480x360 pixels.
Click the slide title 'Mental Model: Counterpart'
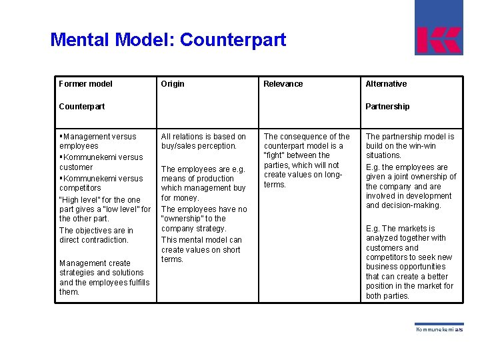tap(168, 40)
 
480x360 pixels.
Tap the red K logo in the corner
tap(439, 40)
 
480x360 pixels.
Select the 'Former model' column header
tap(86, 84)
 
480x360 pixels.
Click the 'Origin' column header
tap(173, 84)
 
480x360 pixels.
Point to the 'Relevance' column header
tap(283, 84)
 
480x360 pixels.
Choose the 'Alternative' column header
tap(386, 84)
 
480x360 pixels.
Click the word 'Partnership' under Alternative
tap(387, 107)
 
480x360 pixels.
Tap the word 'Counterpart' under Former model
tap(82, 107)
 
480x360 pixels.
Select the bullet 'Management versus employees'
tap(99, 141)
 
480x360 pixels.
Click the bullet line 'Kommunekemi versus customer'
tap(101, 163)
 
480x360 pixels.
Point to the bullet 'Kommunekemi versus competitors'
tap(101, 183)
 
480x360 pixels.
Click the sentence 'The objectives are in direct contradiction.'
tap(96, 235)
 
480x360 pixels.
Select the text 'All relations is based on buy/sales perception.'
tap(203, 141)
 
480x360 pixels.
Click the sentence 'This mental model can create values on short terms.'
tap(201, 249)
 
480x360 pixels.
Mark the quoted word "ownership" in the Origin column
tap(183, 219)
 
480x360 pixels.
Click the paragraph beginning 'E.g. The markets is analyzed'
tap(409, 262)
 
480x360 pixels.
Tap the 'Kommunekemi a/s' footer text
tap(439, 329)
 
